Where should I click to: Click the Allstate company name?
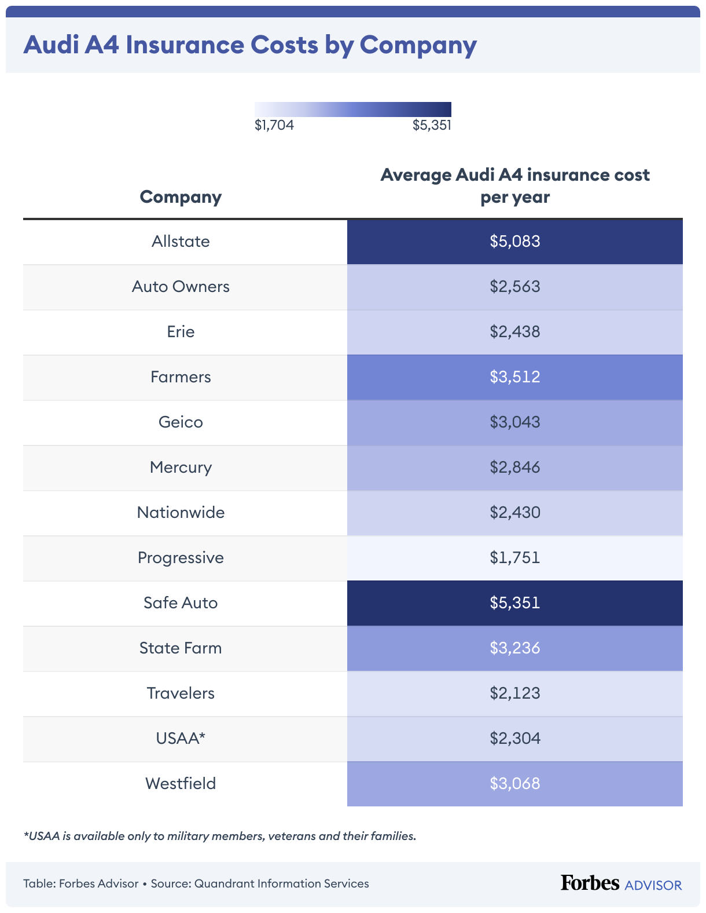coord(181,242)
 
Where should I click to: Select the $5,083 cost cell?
coord(514,242)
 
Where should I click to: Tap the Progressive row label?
coord(181,558)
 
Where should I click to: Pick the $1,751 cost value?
coord(514,558)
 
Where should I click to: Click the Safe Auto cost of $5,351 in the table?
coord(514,603)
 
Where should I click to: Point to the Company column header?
coord(181,197)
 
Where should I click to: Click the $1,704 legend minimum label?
coord(274,125)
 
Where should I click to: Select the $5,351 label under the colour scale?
coord(432,125)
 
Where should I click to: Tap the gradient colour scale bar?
coord(352,109)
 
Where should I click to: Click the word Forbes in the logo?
coord(590,883)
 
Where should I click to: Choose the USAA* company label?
coord(181,739)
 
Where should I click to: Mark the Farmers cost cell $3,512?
coord(514,377)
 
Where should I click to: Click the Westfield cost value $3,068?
coord(514,784)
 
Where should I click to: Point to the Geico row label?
coord(181,422)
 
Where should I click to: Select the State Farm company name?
coord(181,648)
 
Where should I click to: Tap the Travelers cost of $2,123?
coord(514,693)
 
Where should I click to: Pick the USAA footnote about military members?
coord(220,836)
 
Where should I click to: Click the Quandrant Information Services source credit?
coord(281,884)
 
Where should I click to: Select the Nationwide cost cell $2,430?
coord(514,513)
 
